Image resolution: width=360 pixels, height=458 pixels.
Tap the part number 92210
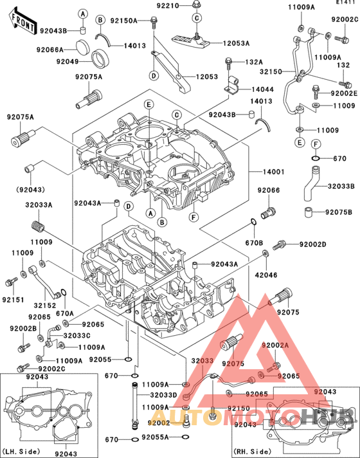click(168, 6)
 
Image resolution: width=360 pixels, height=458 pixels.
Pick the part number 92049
click(66, 61)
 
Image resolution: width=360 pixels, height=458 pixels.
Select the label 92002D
click(313, 245)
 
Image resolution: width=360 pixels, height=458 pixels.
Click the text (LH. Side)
click(21, 452)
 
